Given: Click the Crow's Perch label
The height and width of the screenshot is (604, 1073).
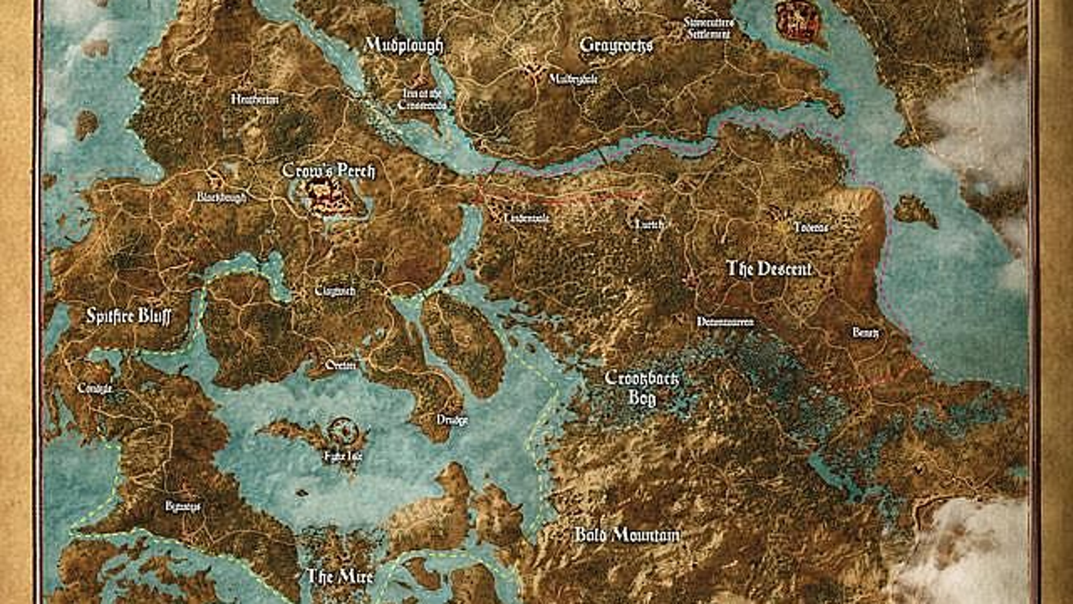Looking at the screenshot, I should pos(328,171).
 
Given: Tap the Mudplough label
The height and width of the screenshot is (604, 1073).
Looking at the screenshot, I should pos(404,45).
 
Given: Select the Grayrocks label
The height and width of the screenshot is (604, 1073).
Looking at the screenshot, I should pos(616,45).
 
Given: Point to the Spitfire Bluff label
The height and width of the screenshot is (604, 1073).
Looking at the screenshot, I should pos(128,316).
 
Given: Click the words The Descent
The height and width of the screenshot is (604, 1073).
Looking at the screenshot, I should pos(769,269).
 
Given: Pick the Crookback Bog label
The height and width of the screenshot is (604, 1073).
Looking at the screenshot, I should pos(641,387).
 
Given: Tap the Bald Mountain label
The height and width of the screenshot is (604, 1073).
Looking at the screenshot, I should pos(627,535).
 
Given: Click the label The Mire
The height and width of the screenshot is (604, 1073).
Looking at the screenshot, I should pos(340,576).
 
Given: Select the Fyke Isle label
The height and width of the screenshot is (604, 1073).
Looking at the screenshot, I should pos(343,456).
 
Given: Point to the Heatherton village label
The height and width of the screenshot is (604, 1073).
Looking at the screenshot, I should pos(255,99).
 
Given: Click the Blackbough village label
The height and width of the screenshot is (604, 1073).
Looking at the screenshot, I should pos(221,197).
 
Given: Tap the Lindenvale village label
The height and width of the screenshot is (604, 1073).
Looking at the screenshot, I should pos(527,218).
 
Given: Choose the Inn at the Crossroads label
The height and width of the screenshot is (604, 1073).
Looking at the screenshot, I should pos(422,99).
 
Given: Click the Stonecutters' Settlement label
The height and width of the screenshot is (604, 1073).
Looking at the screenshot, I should pos(709,28).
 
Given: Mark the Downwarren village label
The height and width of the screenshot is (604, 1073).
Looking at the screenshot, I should pos(725,322).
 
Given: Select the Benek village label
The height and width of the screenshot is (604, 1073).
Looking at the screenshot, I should pos(865,333).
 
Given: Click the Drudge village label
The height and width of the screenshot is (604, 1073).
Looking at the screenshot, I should pos(452,420).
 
